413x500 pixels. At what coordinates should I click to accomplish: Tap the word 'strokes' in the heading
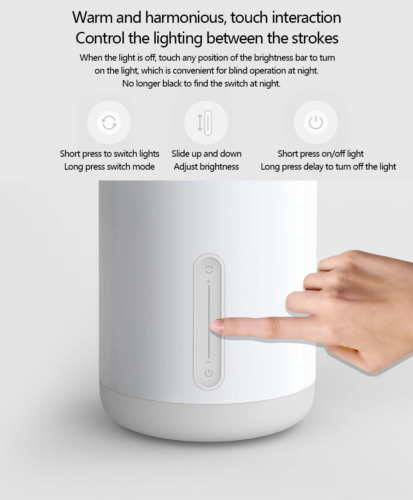316,38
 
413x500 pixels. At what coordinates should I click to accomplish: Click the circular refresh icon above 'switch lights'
109,123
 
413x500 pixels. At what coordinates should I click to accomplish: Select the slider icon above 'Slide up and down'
206,122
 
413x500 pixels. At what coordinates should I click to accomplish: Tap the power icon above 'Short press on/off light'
316,122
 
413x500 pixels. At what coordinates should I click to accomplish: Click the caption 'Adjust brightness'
206,167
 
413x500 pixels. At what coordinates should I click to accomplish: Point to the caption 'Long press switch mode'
110,167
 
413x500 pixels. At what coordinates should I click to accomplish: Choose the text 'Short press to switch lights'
110,154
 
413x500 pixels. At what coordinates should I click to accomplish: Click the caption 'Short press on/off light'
320,154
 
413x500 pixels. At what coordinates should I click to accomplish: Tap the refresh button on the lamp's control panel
209,270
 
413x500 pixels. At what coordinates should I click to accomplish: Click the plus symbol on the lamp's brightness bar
209,282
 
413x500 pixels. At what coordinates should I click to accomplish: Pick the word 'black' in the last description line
172,84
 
